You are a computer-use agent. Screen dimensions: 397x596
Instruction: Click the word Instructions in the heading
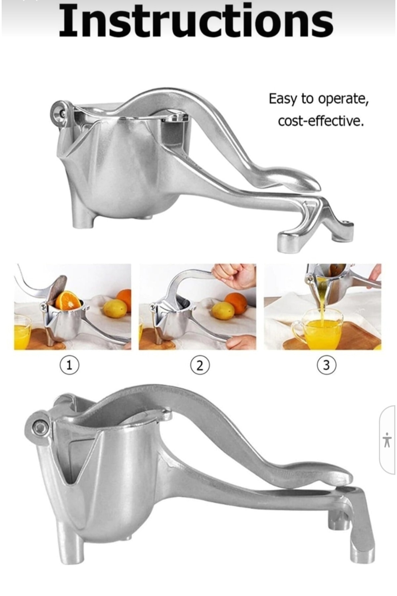click(x=196, y=21)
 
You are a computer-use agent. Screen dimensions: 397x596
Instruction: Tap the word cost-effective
click(x=321, y=121)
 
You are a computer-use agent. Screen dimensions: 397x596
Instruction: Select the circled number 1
click(x=69, y=365)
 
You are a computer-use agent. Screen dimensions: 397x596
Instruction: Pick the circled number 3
click(x=326, y=365)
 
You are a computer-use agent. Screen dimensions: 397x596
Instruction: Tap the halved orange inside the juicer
click(x=68, y=300)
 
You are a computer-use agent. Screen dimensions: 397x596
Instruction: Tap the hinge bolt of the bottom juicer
click(x=40, y=428)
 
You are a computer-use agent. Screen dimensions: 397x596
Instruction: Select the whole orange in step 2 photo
click(x=236, y=303)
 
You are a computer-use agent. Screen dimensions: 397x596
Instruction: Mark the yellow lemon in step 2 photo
click(x=223, y=311)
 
